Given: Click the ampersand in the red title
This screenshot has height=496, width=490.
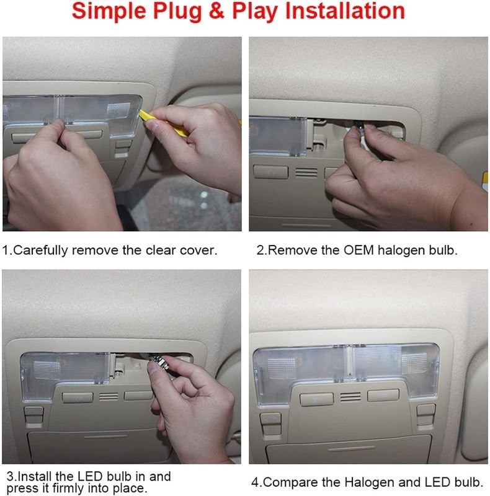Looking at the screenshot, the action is [216, 11].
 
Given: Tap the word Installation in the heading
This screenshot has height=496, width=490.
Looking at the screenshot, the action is [345, 11].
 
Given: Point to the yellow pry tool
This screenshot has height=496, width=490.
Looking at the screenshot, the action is [164, 123].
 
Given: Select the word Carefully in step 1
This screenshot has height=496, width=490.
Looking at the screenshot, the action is [41, 250].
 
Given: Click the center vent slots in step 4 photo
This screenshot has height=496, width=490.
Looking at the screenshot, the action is [350, 397].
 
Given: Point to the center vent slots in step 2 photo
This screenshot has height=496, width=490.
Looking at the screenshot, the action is [306, 173].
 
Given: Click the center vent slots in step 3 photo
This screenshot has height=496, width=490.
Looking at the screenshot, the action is [109, 397].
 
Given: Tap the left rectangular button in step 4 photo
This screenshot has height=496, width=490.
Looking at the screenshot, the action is [316, 399].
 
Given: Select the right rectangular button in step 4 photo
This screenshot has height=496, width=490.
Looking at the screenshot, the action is [383, 396].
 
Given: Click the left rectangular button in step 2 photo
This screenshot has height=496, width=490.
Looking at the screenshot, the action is [271, 172].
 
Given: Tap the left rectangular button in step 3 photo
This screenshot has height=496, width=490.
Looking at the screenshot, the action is [78, 397].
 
